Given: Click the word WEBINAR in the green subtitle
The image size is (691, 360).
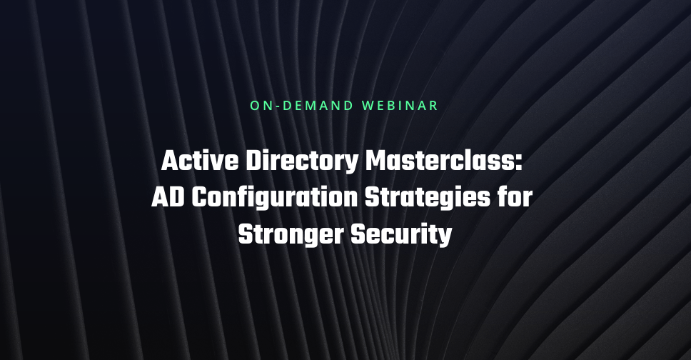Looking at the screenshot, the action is pos(400,106).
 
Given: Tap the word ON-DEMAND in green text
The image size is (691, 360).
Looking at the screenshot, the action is pos(302,106).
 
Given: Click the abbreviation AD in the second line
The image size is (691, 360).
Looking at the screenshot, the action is pos(168,197).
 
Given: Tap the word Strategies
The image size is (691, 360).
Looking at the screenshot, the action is pos(428,198).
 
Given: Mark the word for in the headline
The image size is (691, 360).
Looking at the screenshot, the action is pos(515,196).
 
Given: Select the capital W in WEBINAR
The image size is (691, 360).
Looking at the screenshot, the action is pos(368,106).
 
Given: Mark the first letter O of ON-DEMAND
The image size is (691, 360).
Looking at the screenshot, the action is pos(255,106).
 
